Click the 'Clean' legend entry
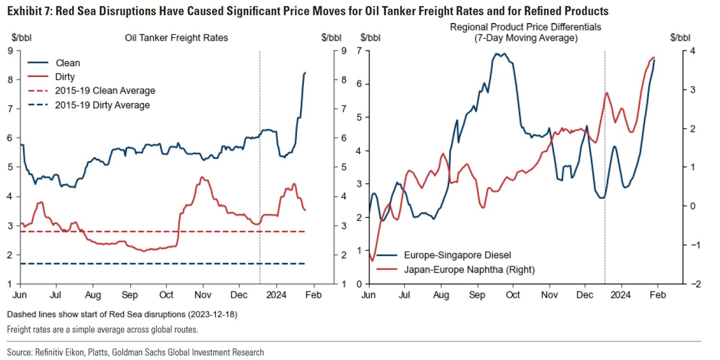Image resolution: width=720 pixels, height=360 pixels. tap(68, 63)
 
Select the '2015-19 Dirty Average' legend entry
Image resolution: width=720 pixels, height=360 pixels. tap(103, 105)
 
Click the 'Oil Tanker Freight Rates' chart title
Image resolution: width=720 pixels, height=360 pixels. tap(176, 37)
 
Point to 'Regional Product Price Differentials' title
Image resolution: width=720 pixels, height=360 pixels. tap(525, 28)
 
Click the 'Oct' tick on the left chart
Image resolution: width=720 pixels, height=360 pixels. tap(167, 294)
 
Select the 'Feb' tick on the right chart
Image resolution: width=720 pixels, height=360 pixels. tap(658, 294)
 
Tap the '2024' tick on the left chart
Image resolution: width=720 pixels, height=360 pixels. tap(276, 294)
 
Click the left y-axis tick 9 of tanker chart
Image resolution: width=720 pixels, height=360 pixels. tap(11, 50)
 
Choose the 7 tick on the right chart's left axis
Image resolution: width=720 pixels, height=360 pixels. tap(359, 50)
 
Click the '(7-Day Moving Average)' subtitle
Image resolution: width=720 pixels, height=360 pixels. tap(525, 37)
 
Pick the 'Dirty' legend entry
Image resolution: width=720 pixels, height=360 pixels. tap(65, 77)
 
